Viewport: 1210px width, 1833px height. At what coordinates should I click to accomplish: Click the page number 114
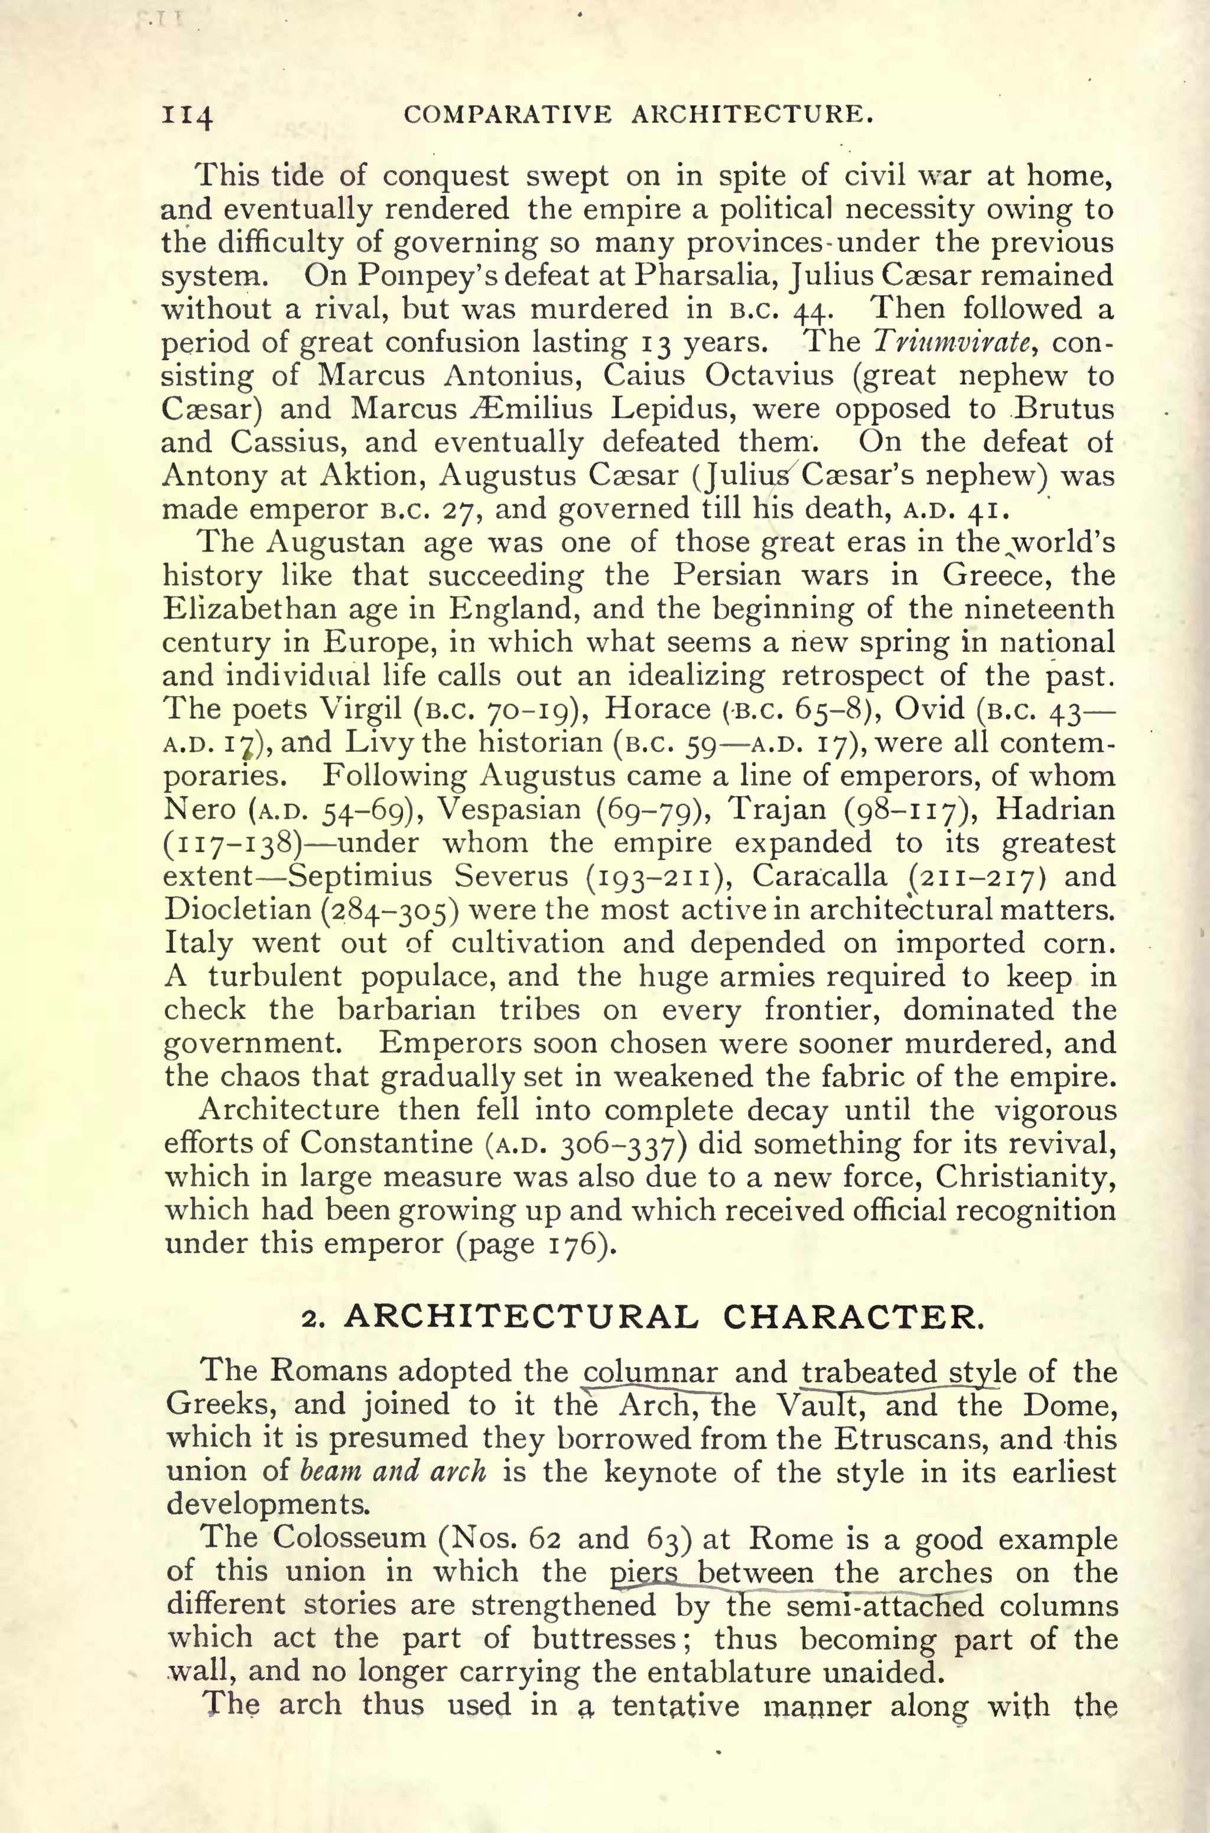[187, 116]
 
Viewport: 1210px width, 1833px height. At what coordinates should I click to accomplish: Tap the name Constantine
[386, 1142]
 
